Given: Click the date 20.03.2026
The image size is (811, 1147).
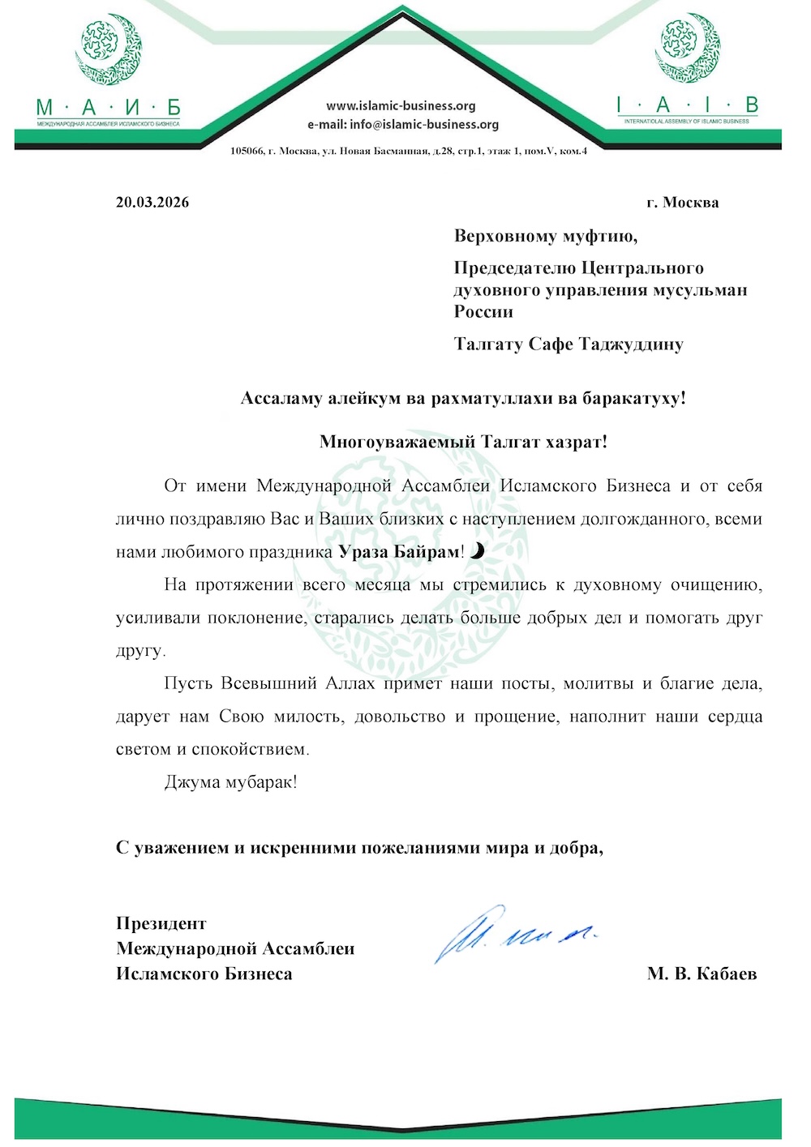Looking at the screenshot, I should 152,203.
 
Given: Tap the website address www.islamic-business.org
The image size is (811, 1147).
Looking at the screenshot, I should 401,106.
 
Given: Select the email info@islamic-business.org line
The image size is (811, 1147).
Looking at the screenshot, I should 403,125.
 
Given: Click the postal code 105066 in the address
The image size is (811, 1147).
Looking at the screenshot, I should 247,152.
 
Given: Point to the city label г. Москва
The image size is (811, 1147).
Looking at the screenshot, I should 682,203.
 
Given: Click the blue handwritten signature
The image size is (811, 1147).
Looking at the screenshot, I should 516,932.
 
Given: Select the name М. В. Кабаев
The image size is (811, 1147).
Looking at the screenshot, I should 702,974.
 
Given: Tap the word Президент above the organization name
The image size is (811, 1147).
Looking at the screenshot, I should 161,923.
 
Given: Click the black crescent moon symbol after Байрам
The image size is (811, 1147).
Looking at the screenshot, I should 478,552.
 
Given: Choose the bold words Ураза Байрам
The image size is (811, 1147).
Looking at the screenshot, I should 399,553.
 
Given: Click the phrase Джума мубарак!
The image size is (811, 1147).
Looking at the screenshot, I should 230,782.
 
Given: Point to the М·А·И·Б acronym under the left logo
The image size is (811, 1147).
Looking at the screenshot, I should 108,108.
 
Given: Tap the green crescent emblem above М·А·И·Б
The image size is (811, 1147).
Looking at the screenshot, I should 109,50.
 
